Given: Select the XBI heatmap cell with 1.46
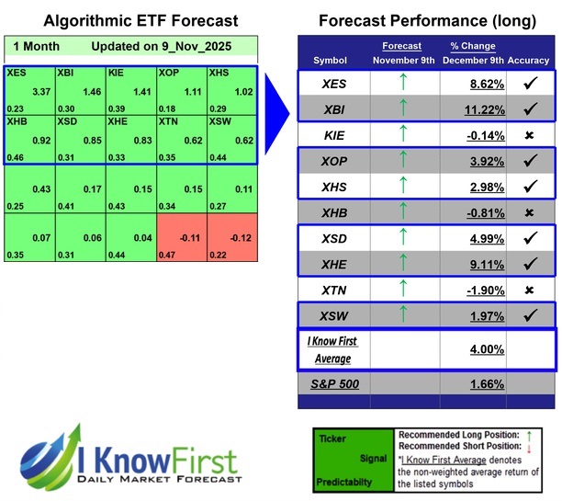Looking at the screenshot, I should [x=80, y=90].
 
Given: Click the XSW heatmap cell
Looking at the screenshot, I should [x=231, y=141].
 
